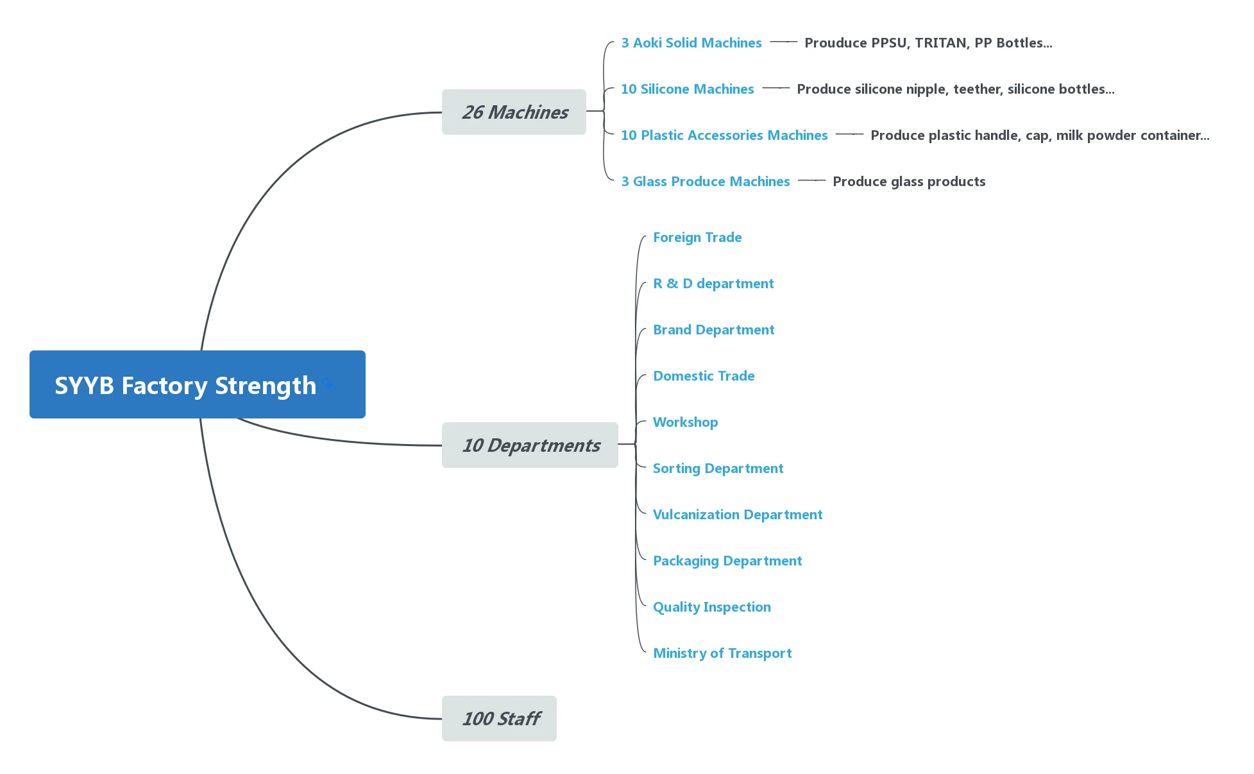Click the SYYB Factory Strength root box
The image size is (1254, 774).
pos(197,384)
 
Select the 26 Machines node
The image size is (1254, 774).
pos(514,112)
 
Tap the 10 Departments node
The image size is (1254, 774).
pos(530,445)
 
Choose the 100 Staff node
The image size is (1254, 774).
pos(499,718)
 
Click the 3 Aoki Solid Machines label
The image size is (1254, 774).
pos(691,43)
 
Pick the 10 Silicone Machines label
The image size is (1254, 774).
pos(687,89)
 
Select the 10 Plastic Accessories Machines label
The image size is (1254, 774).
pos(724,135)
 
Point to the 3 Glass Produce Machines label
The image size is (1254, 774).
pos(705,182)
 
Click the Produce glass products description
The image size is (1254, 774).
pos(908,182)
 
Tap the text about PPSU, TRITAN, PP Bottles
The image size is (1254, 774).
pos(928,43)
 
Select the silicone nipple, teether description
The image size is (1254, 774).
pos(955,89)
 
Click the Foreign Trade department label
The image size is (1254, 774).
pos(697,237)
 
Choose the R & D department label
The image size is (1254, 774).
pos(713,284)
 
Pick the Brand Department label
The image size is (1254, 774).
pos(713,330)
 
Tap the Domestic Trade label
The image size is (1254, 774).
pos(703,376)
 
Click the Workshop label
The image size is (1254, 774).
pos(685,422)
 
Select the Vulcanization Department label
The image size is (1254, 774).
pos(737,515)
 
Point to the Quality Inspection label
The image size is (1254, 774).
pos(711,607)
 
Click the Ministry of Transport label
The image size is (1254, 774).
pos(722,653)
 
